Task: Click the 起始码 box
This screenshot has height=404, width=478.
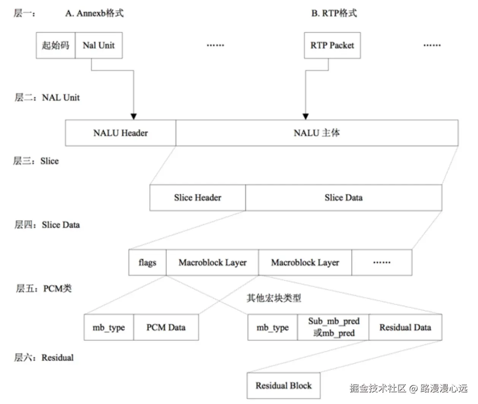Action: (55, 46)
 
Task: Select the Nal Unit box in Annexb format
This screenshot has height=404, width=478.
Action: (99, 46)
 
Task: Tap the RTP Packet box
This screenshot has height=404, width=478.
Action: (332, 46)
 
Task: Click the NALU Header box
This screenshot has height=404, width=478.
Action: (120, 133)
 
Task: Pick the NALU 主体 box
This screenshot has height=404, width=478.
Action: (317, 133)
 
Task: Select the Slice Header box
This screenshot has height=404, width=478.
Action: (198, 198)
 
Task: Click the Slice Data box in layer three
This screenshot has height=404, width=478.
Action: (343, 198)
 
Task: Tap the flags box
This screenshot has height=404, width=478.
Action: (147, 262)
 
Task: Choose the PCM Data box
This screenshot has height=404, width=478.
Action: (166, 327)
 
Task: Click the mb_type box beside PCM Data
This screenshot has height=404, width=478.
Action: (109, 327)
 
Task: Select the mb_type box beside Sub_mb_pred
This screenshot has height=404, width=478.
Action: (272, 327)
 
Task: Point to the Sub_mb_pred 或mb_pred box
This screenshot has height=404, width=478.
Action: (333, 327)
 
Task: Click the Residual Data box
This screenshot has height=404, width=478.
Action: (405, 327)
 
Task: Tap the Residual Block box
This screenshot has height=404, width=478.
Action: (283, 386)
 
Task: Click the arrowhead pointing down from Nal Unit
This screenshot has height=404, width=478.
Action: (133, 116)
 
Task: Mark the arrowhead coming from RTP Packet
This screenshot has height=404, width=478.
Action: (305, 116)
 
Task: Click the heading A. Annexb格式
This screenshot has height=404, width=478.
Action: (94, 13)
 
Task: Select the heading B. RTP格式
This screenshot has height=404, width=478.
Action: (334, 13)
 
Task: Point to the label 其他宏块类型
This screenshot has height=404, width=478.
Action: (274, 298)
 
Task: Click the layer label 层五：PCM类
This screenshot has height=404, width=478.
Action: (43, 289)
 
